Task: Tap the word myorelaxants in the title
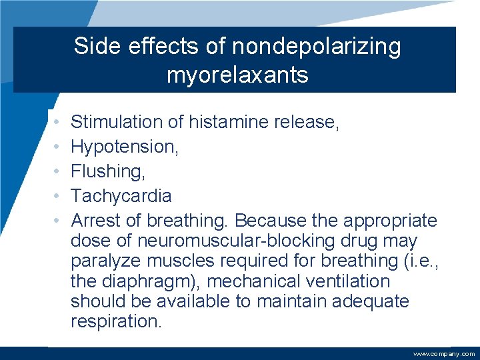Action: click(237, 75)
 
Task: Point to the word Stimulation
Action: click(117, 122)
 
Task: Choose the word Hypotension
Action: click(124, 147)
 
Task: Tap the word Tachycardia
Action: click(121, 196)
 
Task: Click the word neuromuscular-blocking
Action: click(233, 241)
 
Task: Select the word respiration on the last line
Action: click(115, 321)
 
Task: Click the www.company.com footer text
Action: click(444, 354)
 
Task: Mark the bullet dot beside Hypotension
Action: click(58, 147)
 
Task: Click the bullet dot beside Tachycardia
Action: click(58, 196)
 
